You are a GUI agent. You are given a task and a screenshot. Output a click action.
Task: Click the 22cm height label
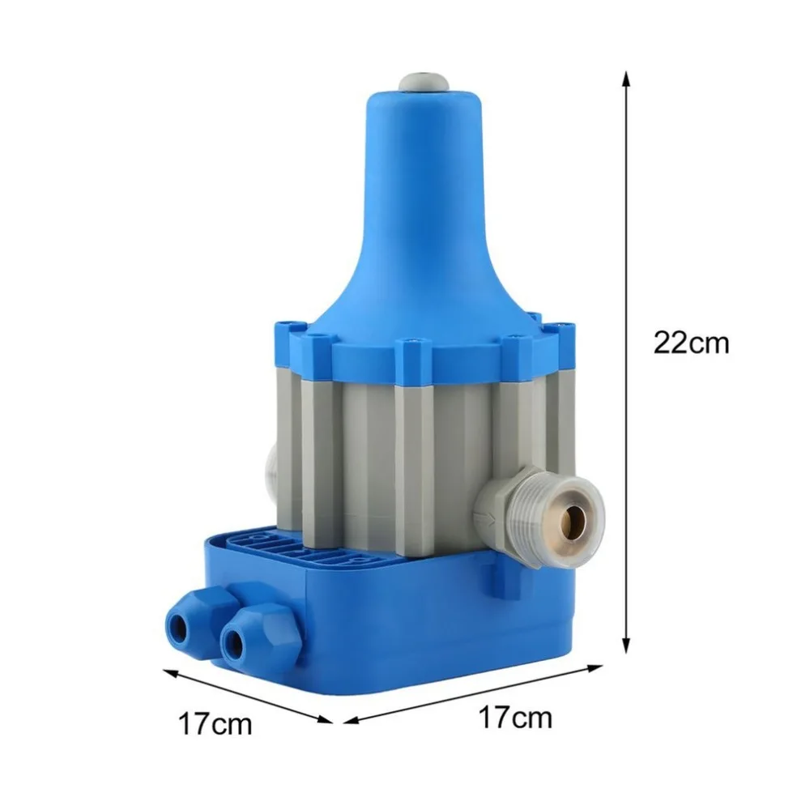[691, 342]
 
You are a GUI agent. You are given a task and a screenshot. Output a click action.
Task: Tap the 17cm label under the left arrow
[215, 723]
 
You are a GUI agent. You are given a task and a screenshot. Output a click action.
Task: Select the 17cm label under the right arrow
[515, 717]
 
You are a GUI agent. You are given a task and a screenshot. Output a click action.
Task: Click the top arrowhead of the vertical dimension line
[625, 79]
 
